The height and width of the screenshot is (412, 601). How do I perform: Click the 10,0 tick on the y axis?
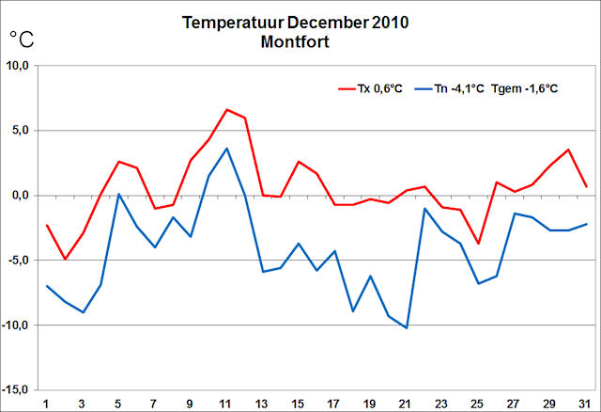coord(20,66)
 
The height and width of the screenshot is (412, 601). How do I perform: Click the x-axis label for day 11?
coord(226,403)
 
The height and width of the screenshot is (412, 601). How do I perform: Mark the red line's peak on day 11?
coord(227,110)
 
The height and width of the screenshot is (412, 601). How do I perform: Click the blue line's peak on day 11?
coord(227,149)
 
